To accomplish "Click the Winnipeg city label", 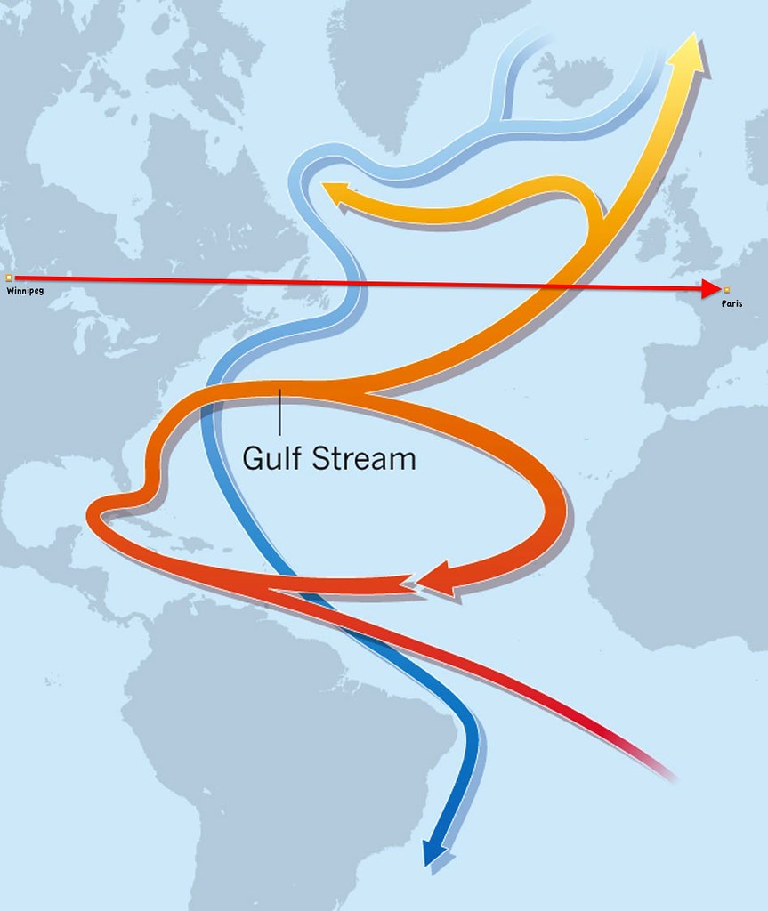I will [24, 291].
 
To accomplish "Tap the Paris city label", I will [732, 303].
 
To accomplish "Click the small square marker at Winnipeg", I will [9, 278].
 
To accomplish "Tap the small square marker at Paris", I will [727, 290].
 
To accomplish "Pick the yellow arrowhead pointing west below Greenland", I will [335, 191].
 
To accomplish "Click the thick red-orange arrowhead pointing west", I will [435, 579].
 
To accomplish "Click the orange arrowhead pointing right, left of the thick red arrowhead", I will [405, 583].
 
